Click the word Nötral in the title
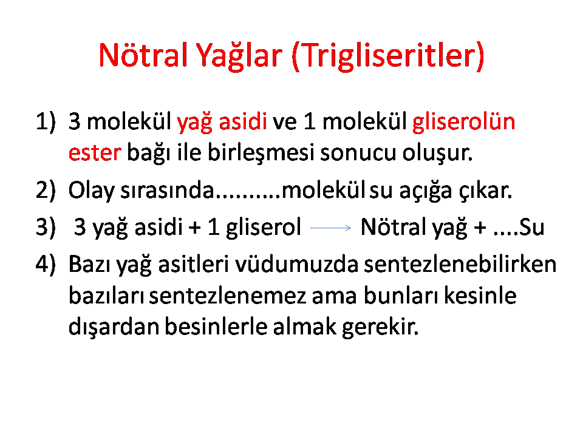[x=143, y=55]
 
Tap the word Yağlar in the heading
[x=239, y=56]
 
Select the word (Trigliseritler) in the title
[x=388, y=56]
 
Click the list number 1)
[x=46, y=121]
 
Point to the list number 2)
[x=46, y=190]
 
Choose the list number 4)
[x=46, y=264]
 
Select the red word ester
[x=95, y=153]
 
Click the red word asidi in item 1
[x=243, y=121]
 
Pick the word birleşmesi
[x=261, y=153]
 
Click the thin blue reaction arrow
[x=330, y=228]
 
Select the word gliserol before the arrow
[x=263, y=228]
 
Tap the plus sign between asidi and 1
[x=194, y=228]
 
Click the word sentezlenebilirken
[x=460, y=264]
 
